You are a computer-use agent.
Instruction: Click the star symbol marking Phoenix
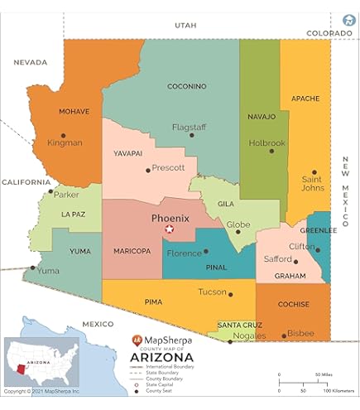point(170,229)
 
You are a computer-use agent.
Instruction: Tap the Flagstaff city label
point(189,127)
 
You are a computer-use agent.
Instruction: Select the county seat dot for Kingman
point(63,134)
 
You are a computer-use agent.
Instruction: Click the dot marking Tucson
point(230,293)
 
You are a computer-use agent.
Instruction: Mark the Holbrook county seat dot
point(271,151)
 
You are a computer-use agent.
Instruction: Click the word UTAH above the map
point(186,27)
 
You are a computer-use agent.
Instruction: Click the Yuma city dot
point(33,268)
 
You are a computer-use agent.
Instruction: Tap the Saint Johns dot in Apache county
point(314,172)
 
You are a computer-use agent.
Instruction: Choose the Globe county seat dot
point(238,231)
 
